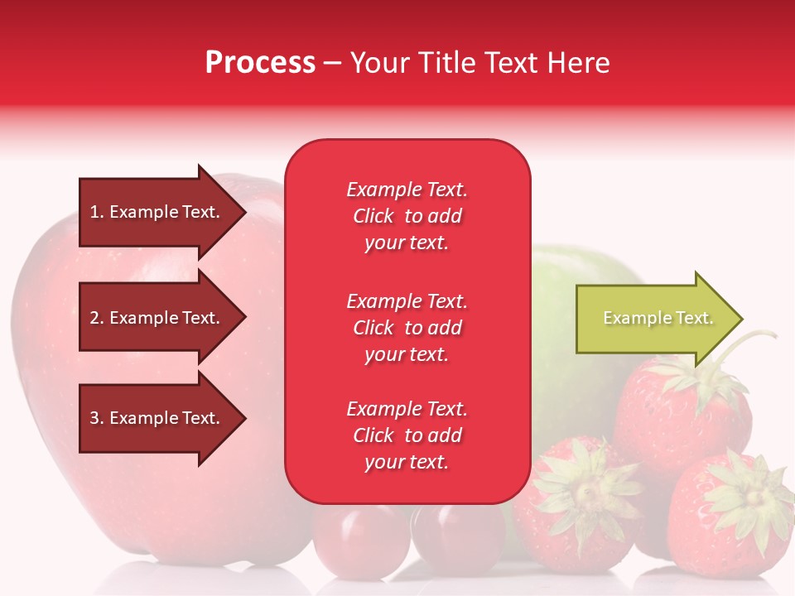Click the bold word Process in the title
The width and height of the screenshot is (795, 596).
[260, 63]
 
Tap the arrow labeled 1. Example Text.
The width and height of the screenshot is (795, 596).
[157, 212]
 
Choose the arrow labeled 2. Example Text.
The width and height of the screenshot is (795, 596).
[157, 318]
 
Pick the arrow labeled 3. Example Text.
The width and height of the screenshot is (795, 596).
[157, 418]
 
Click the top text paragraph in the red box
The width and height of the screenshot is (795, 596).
[407, 216]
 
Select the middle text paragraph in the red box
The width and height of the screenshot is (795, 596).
[407, 328]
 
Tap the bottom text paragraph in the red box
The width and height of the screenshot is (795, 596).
[407, 435]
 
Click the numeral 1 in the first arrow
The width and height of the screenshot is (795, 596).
[94, 212]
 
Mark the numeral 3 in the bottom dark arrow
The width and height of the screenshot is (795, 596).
[94, 418]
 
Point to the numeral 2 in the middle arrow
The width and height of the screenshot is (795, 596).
[94, 318]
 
